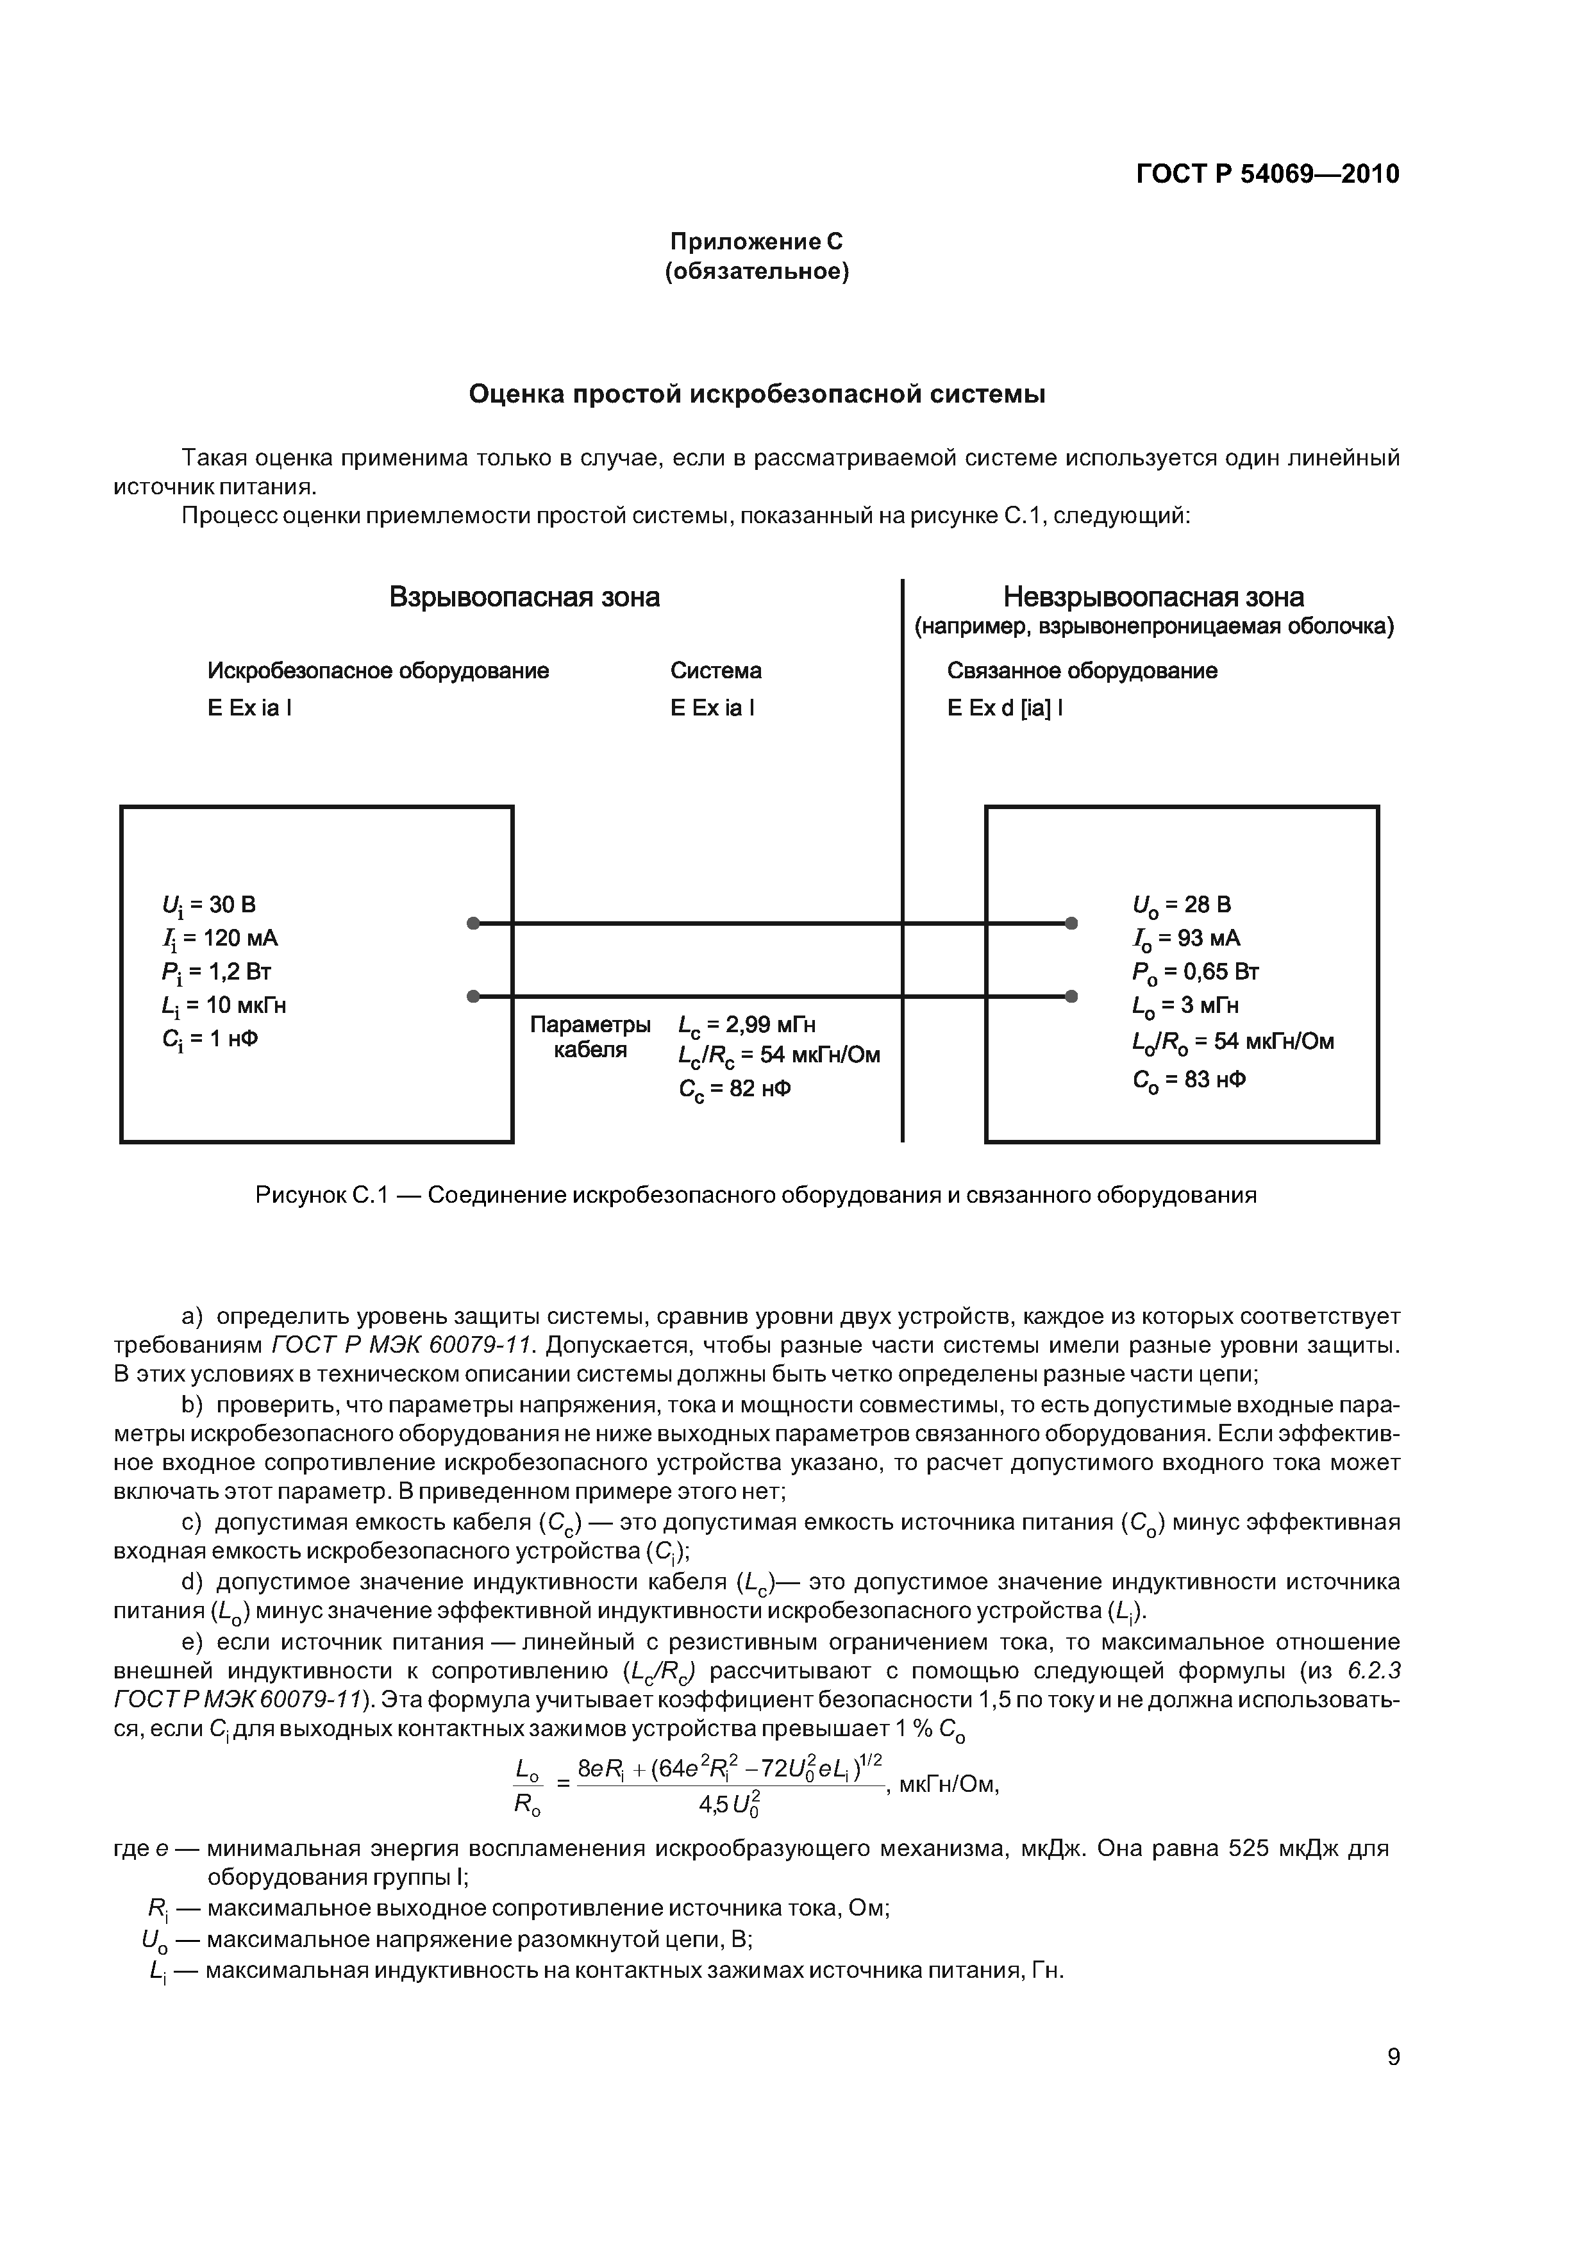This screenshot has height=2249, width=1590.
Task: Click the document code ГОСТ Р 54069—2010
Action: pyautogui.click(x=1267, y=174)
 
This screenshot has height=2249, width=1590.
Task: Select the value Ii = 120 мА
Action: pyautogui.click(x=221, y=939)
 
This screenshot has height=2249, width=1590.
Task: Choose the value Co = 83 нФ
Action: pyautogui.click(x=1189, y=1080)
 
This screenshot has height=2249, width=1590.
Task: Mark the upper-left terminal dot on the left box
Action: pyautogui.click(x=473, y=923)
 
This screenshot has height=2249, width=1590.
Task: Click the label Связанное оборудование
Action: pyautogui.click(x=1082, y=671)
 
